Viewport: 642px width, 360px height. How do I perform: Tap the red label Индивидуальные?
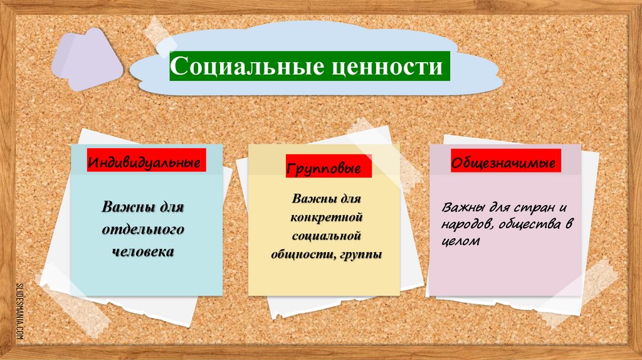(x=147, y=162)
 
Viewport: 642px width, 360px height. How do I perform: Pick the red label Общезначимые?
(x=504, y=162)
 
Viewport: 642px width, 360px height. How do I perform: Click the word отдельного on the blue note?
(x=143, y=230)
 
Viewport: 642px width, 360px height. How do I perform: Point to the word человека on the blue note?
(x=143, y=252)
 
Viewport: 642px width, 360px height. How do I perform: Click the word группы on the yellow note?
(x=361, y=255)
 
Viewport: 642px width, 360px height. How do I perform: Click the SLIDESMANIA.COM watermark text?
(x=19, y=311)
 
